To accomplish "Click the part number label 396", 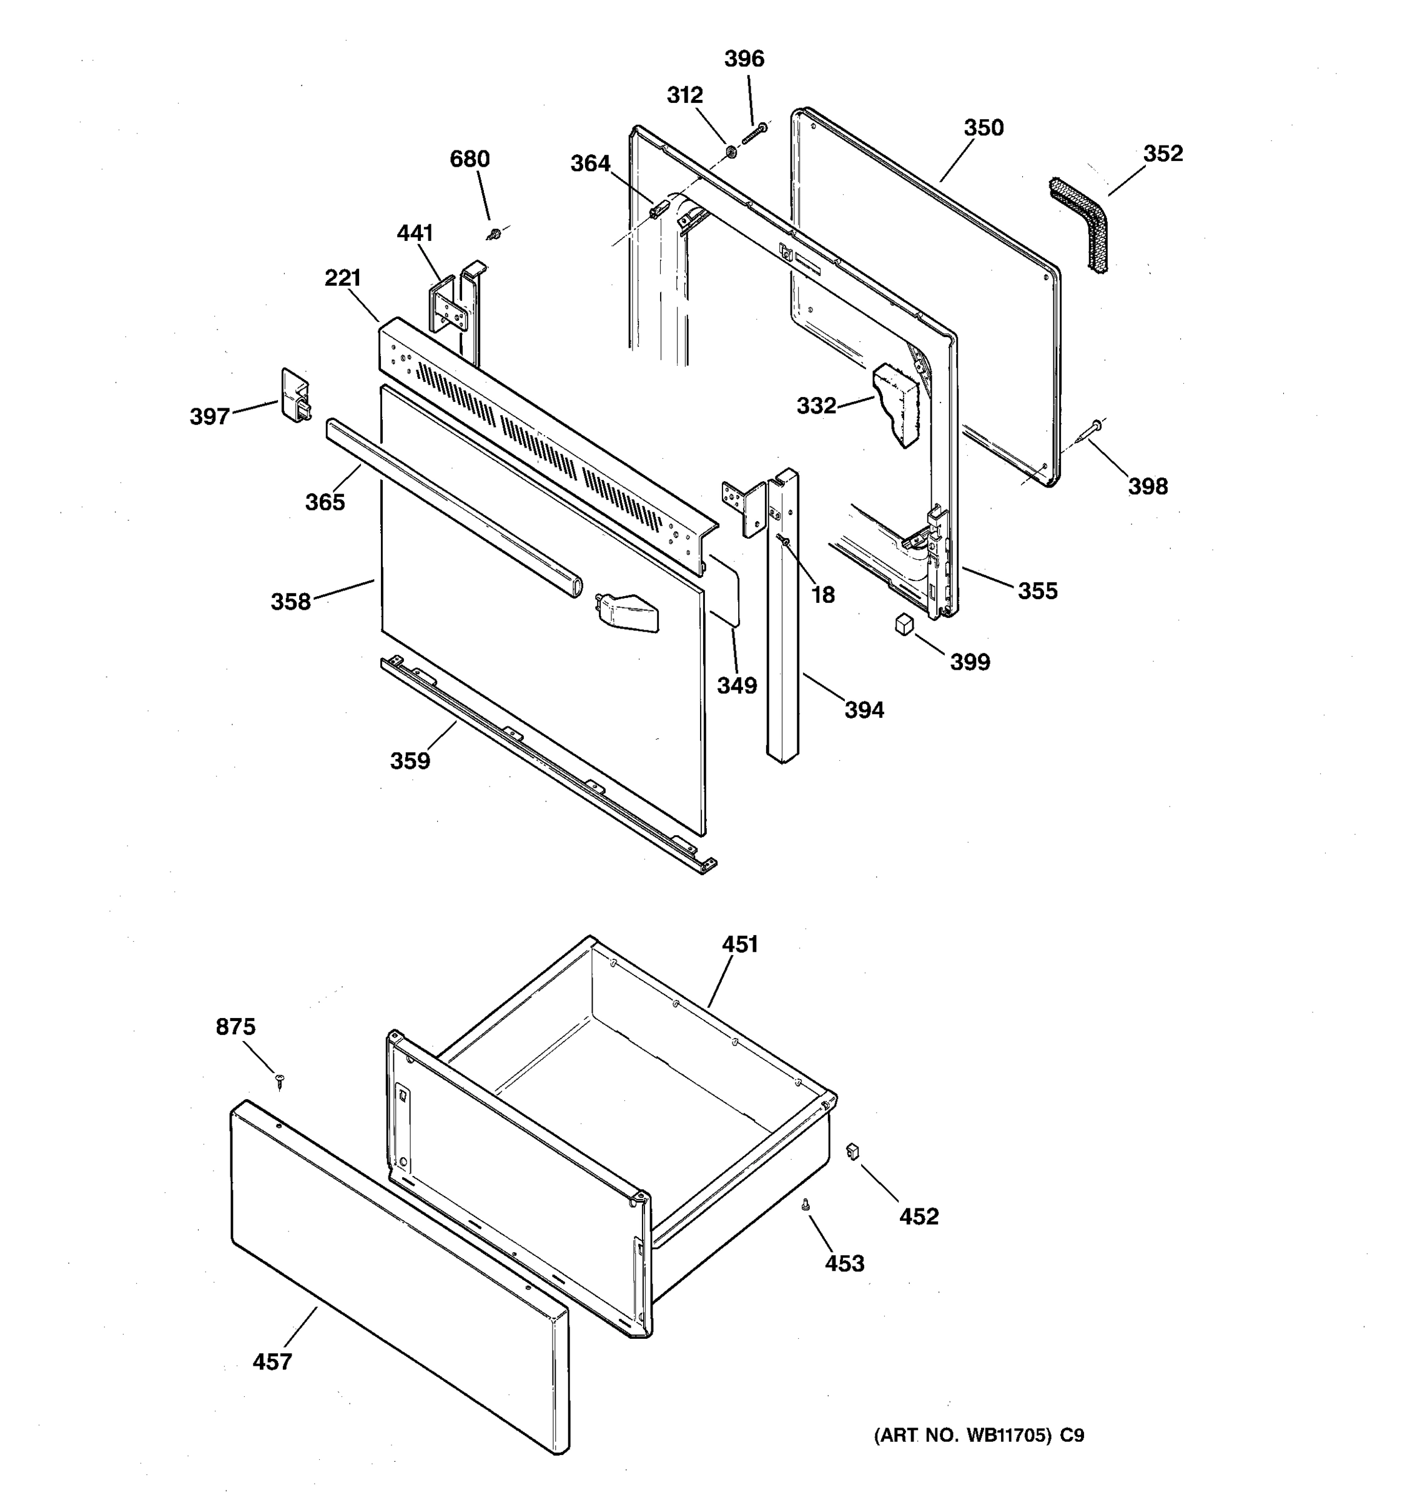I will (744, 59).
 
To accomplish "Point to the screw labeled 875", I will (280, 1080).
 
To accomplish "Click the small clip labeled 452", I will (853, 1150).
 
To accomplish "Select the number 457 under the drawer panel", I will (272, 1361).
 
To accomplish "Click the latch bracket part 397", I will (295, 393).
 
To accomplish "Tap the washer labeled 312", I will (731, 152).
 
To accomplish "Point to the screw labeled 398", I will (1089, 431).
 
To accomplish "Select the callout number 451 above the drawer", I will (739, 944).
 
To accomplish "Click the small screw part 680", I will (494, 234).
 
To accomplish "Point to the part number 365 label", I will (325, 502).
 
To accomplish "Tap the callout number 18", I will (822, 595).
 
